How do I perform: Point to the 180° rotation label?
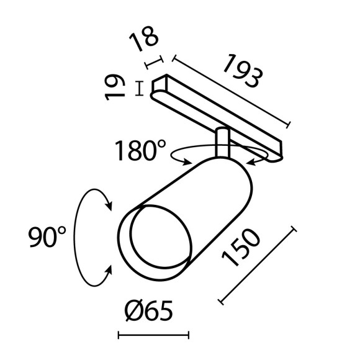tap(141, 151)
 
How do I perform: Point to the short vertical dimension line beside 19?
tap(140, 88)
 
